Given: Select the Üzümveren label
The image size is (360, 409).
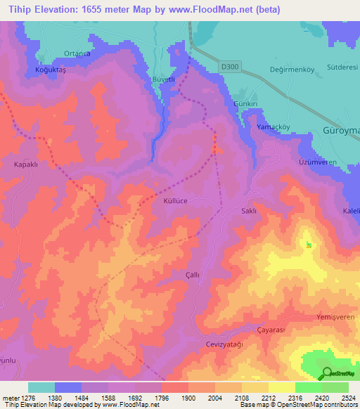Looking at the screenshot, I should pyautogui.click(x=311, y=162).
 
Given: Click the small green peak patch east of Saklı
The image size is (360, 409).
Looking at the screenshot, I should pyautogui.click(x=309, y=245).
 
